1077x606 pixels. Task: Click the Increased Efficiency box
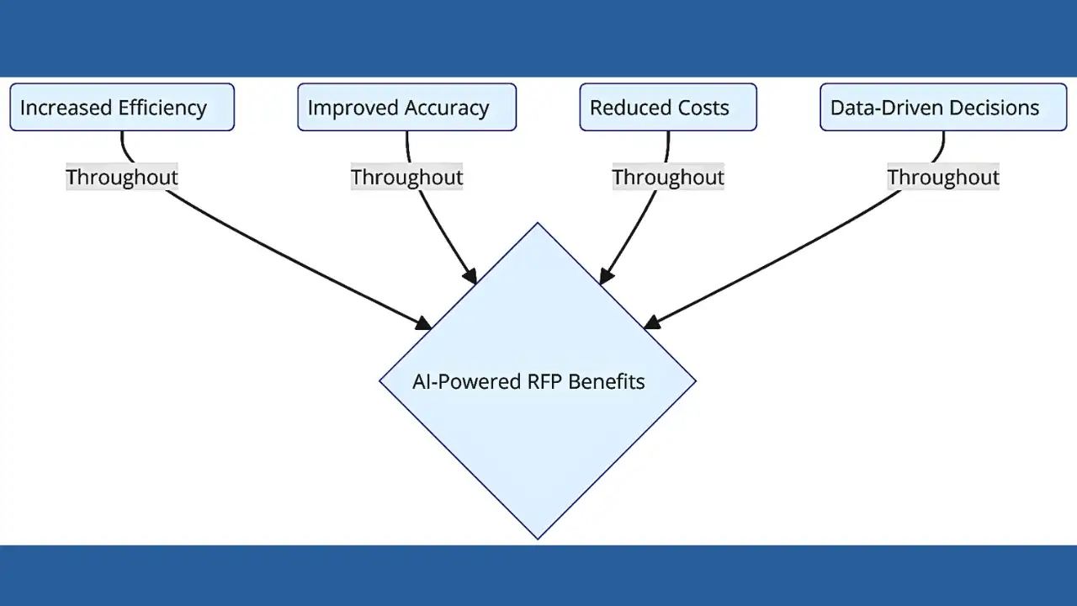click(x=122, y=107)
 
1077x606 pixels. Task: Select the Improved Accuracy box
click(x=406, y=107)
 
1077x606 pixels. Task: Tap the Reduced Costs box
click(x=668, y=107)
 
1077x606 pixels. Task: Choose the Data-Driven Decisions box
click(x=943, y=107)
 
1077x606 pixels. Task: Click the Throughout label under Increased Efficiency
click(x=122, y=178)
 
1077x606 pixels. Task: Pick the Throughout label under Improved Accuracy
click(x=406, y=178)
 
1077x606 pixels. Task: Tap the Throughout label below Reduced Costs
click(x=668, y=178)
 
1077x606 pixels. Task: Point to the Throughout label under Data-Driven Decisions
click(x=943, y=178)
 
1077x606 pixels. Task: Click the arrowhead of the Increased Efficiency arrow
click(x=424, y=323)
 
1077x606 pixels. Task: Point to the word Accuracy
click(x=446, y=108)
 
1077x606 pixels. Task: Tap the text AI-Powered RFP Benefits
click(x=528, y=381)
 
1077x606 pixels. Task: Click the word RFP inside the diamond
click(x=544, y=381)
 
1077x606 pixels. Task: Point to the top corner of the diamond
click(x=538, y=225)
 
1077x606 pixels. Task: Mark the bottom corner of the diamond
click(x=538, y=536)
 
